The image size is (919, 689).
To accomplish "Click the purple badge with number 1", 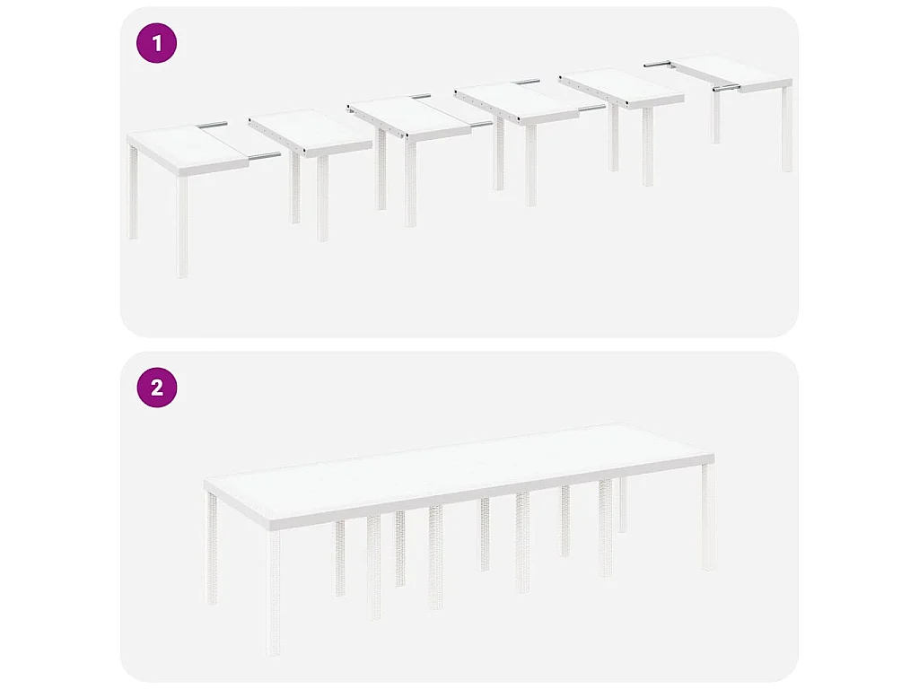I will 156,44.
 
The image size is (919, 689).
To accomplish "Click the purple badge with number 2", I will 156,388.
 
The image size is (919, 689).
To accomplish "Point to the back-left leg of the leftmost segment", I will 133,193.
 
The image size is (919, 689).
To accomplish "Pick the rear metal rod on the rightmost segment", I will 658,64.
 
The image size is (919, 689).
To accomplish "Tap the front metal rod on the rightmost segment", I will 726,88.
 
